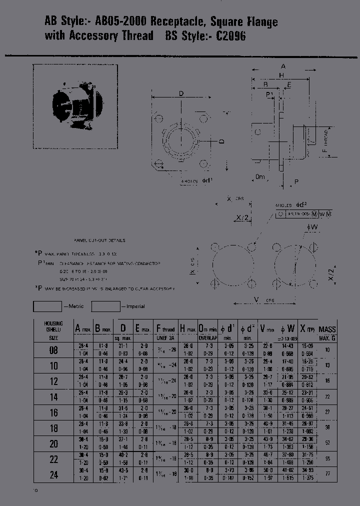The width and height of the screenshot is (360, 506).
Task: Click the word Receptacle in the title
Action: coord(179,22)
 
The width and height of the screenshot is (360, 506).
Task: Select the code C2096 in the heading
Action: coord(231,36)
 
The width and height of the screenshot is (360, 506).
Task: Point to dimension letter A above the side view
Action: coord(283,66)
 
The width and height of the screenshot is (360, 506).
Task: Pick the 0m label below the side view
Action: coord(259,177)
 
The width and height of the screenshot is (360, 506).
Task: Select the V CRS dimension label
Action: coord(262,300)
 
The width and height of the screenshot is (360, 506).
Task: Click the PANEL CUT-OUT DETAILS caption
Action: coord(99,240)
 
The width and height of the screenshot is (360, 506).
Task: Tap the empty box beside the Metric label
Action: coord(47,306)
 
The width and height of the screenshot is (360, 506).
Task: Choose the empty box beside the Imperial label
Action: coord(106,306)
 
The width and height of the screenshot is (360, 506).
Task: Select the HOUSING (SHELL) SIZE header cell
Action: coord(53,330)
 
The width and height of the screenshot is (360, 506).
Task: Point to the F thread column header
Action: coord(165,330)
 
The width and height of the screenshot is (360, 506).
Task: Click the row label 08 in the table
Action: coord(53,350)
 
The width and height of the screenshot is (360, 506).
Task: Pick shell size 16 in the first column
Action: coord(53,412)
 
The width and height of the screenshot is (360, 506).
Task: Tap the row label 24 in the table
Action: coord(53,474)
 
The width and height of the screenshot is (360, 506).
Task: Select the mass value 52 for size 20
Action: coord(327,443)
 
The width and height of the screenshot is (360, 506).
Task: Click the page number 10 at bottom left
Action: coord(35,490)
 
